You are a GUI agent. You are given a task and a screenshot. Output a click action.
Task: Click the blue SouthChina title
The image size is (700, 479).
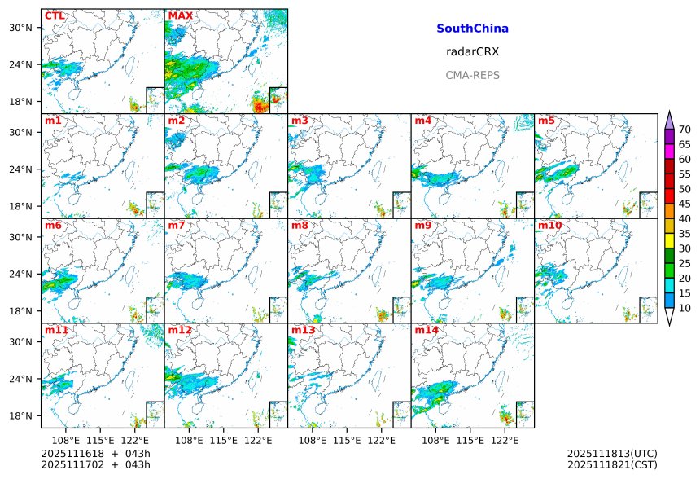(472, 29)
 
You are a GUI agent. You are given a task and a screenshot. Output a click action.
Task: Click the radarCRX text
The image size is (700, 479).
(472, 51)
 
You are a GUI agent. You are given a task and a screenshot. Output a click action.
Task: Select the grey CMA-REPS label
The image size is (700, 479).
(472, 75)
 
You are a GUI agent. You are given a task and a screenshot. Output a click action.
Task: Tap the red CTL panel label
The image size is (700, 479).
(55, 16)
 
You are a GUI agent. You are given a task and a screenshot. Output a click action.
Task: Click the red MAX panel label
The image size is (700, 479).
(180, 16)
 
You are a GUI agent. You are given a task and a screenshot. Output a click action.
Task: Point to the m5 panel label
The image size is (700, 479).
(546, 121)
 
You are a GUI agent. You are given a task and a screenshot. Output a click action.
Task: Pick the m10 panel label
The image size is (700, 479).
(549, 226)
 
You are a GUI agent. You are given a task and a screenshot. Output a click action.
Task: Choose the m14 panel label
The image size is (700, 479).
(427, 331)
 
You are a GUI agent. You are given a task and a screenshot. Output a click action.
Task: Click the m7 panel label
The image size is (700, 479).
(177, 226)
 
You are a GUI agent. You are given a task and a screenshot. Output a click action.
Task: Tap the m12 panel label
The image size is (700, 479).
(180, 331)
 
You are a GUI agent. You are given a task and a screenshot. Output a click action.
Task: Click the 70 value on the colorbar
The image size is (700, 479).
(685, 130)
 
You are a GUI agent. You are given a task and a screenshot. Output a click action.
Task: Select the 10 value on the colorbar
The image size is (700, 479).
(685, 308)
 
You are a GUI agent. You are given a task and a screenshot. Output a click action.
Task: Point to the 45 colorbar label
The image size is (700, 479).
(685, 204)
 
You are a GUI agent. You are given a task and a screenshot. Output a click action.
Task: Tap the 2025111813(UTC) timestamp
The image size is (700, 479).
(612, 453)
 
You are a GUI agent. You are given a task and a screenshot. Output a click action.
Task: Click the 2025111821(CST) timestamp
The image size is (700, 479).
(612, 464)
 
